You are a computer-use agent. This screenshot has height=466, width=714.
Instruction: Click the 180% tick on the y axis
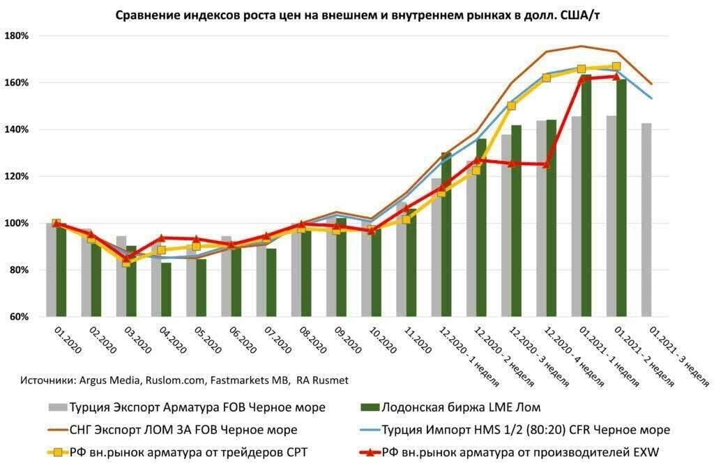click(x=16, y=36)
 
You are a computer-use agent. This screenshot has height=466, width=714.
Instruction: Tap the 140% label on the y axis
click(x=16, y=130)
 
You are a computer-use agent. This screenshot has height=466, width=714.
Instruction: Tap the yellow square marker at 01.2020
click(x=56, y=224)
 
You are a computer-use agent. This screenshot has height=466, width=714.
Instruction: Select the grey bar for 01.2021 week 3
click(x=647, y=219)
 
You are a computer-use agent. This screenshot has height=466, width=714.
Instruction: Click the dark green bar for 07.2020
click(x=271, y=282)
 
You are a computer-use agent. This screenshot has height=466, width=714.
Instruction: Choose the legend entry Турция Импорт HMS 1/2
click(x=526, y=429)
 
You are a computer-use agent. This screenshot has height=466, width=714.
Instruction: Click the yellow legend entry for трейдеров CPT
click(x=189, y=451)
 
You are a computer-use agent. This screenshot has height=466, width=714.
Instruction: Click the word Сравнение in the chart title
click(x=147, y=14)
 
